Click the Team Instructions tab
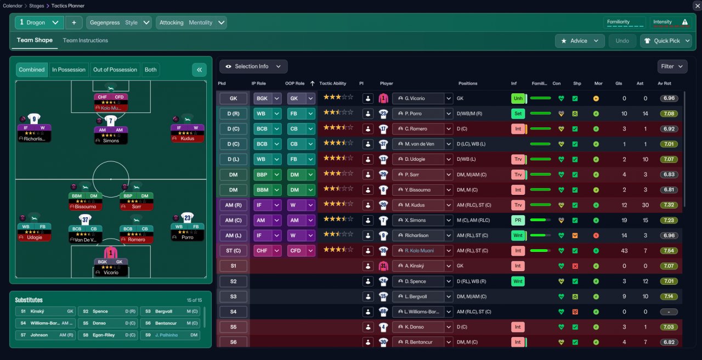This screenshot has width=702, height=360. point(85,41)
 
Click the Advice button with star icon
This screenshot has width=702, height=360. point(579,41)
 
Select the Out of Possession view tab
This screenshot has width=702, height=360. point(115,70)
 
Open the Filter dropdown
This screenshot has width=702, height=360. point(672,66)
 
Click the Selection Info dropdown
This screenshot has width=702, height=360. point(253,66)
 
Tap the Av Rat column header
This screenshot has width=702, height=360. point(664,83)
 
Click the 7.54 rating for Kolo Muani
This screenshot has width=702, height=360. point(669,251)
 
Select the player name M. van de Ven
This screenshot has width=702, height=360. point(419,144)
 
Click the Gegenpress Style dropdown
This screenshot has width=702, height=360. point(119,22)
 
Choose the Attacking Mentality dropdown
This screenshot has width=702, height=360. point(191,22)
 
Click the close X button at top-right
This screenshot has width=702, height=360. point(697,5)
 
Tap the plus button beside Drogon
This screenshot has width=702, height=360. point(73,22)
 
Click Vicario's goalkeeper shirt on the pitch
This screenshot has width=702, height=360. point(111,254)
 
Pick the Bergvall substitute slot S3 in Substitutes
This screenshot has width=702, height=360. point(170,311)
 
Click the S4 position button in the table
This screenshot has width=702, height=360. point(233,312)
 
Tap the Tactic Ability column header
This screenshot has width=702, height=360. point(333,83)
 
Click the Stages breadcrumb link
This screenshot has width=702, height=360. point(37,5)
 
